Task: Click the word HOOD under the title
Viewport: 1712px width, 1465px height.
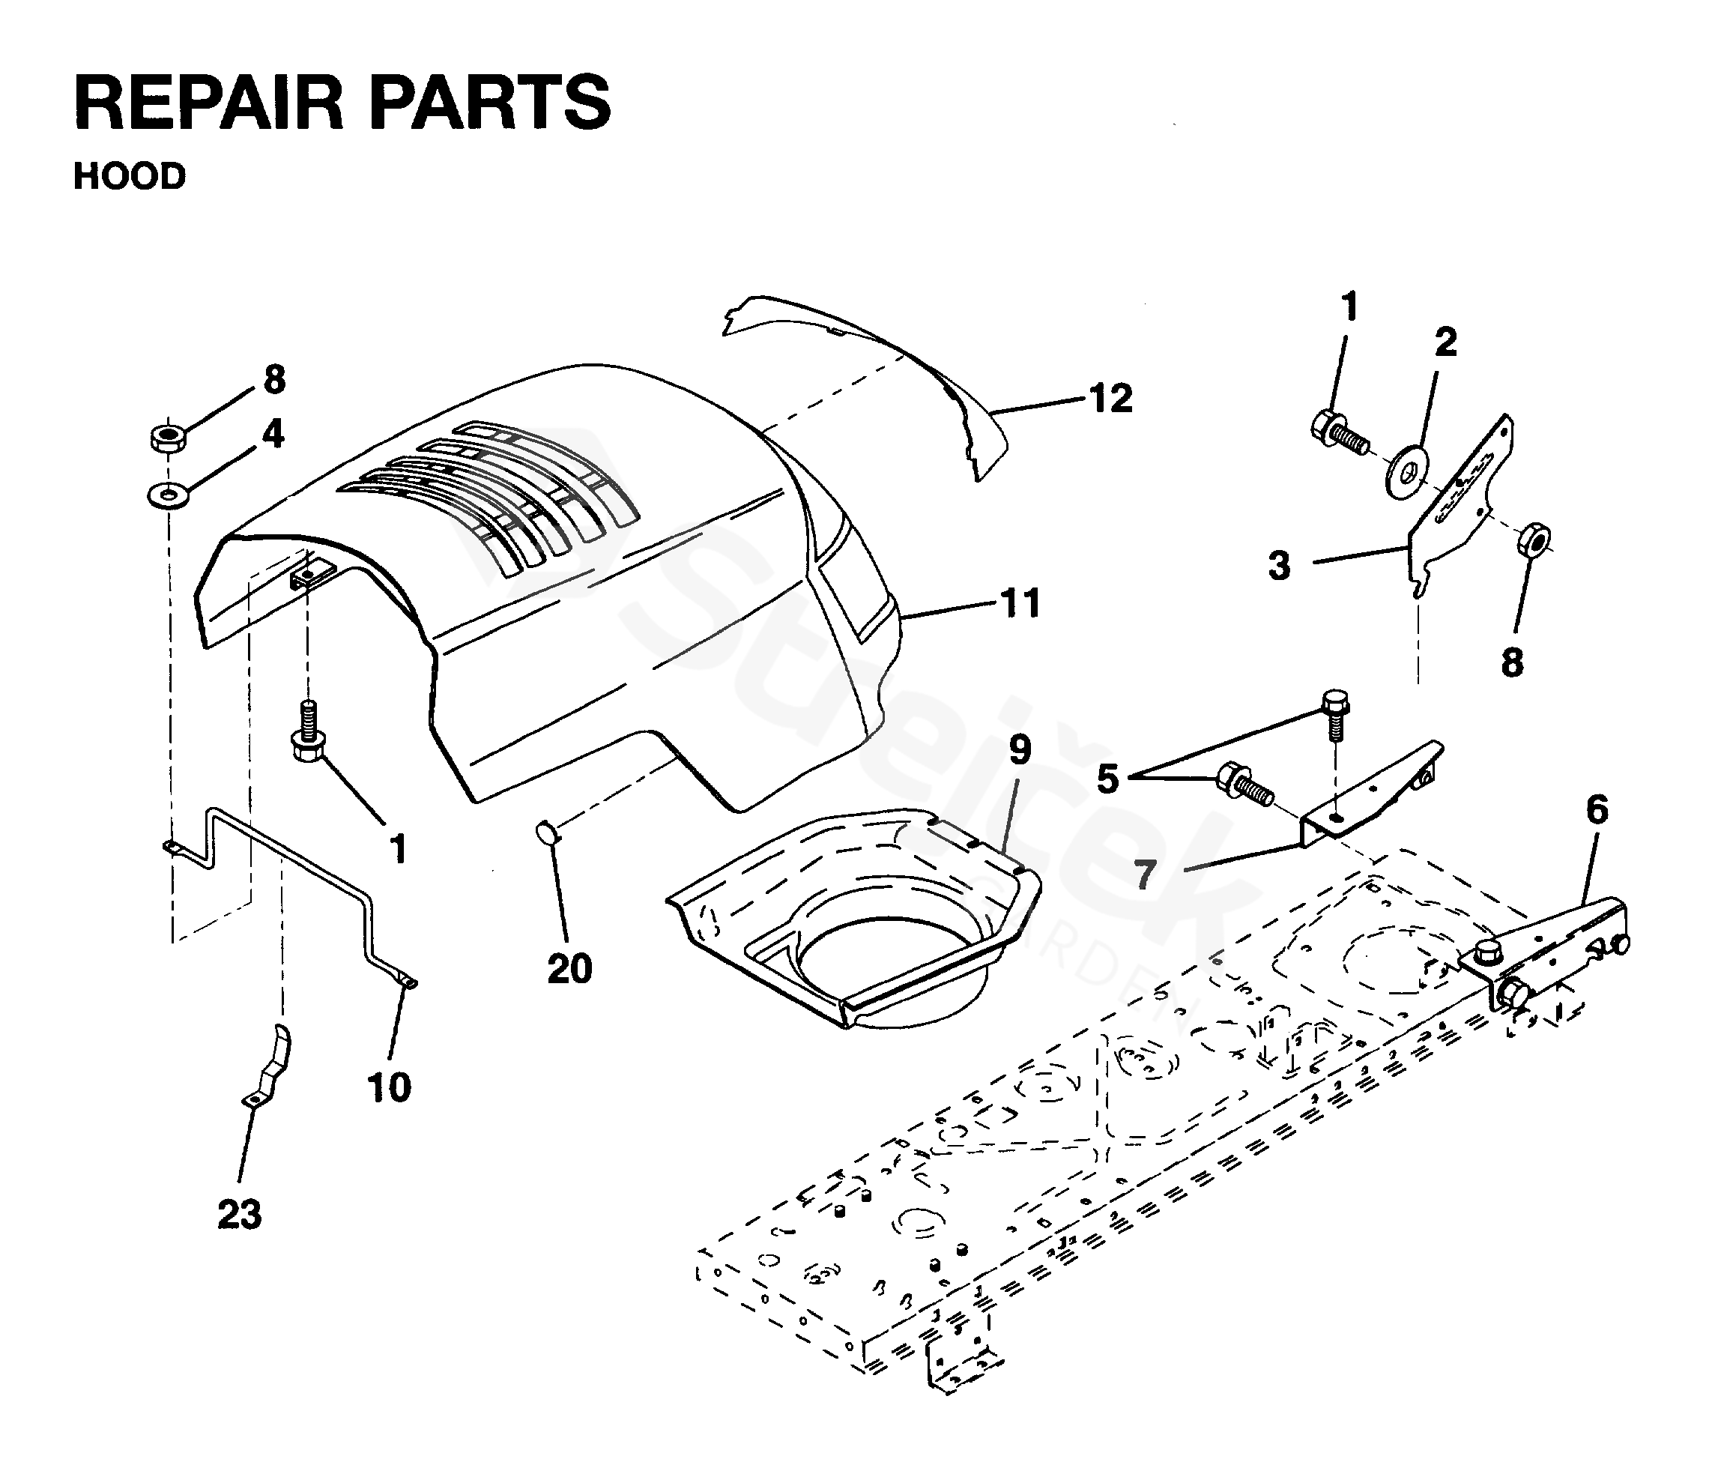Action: point(130,177)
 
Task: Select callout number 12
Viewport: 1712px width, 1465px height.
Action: point(1110,399)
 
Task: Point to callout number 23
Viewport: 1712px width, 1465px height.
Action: point(240,1215)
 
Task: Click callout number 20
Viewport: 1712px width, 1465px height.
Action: point(570,968)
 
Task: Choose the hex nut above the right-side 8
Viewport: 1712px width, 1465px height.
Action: point(1534,540)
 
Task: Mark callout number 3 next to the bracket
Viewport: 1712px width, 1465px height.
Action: point(1279,567)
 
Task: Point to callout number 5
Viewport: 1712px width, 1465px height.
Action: point(1107,779)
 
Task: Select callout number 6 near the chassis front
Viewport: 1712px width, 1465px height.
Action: point(1597,810)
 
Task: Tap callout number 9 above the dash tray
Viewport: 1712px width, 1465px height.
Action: point(1020,750)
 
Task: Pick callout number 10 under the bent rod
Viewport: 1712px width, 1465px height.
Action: point(388,1087)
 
